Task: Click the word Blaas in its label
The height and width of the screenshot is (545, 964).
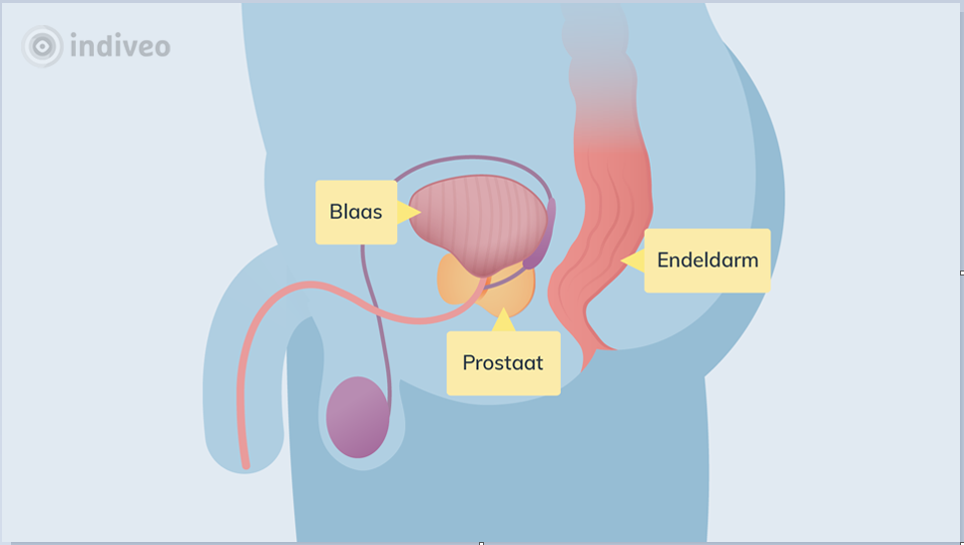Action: (x=355, y=213)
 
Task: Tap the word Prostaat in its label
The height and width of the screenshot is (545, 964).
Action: (x=502, y=362)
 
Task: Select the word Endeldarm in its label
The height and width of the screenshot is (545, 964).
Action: (x=707, y=261)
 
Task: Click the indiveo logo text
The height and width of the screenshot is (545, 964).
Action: (x=120, y=46)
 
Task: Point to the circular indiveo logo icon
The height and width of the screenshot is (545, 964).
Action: (x=43, y=46)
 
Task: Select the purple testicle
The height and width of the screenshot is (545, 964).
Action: (x=357, y=417)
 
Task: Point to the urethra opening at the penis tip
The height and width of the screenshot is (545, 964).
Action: (x=244, y=463)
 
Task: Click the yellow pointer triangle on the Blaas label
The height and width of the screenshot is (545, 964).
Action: (x=405, y=213)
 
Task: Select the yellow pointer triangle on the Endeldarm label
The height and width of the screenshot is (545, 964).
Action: (x=633, y=261)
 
